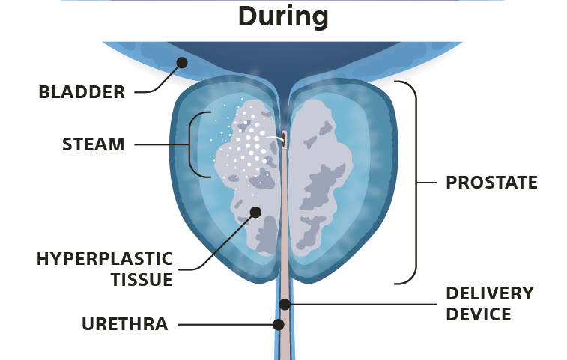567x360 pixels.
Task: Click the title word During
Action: tap(283, 16)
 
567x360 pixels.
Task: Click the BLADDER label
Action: tap(82, 92)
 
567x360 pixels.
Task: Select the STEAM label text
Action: tap(93, 144)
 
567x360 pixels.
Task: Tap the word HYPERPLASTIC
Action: tap(104, 259)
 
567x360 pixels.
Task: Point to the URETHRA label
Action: tap(124, 324)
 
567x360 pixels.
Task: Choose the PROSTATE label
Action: tap(491, 182)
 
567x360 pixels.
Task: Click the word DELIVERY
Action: tap(489, 293)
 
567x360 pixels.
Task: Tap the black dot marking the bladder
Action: tap(180, 63)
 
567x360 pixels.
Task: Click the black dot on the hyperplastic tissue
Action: tap(255, 212)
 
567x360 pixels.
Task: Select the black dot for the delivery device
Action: tap(285, 304)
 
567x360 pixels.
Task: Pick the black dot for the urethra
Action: tap(279, 325)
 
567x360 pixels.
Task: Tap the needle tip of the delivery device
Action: tap(284, 138)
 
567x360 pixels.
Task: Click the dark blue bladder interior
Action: tap(285, 56)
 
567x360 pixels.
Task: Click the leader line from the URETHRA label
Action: tap(225, 325)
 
